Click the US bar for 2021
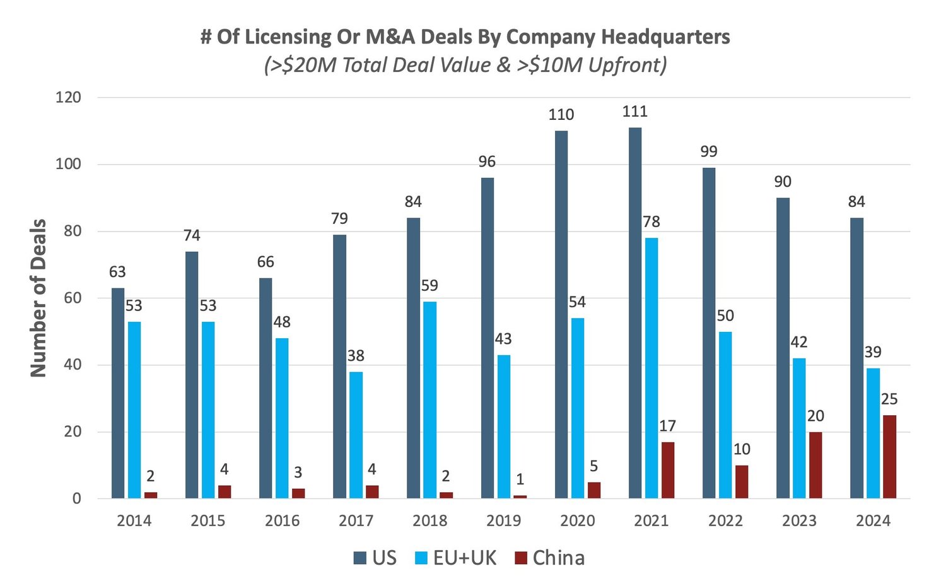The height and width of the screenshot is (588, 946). click(x=635, y=313)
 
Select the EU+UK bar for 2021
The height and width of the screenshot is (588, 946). click(x=651, y=368)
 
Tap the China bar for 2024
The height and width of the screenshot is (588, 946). click(x=889, y=457)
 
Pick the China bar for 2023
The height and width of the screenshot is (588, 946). click(x=815, y=465)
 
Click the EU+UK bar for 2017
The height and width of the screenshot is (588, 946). click(x=356, y=435)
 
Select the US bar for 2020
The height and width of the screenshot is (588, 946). click(x=561, y=315)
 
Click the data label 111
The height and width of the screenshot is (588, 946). click(x=634, y=112)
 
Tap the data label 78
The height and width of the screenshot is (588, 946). click(x=651, y=221)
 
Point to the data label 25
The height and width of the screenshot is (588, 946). click(x=889, y=399)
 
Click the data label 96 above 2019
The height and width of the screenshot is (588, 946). click(x=487, y=162)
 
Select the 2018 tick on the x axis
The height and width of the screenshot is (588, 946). click(x=429, y=521)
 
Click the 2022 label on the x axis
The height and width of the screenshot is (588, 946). click(x=725, y=521)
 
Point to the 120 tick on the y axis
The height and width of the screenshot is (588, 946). click(x=68, y=97)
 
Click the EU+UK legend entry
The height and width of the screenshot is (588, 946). click(x=456, y=558)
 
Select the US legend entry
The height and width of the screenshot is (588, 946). click(x=376, y=558)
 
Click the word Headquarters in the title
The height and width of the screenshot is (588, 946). click(x=665, y=37)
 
